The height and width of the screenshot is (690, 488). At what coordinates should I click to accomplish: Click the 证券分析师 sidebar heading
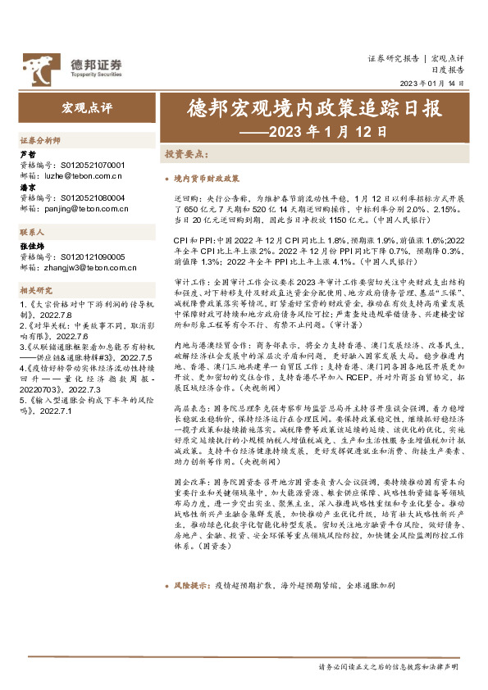pos(40,140)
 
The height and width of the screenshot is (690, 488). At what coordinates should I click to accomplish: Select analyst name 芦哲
pos(27,154)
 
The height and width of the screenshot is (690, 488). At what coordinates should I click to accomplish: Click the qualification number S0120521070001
pos(93,165)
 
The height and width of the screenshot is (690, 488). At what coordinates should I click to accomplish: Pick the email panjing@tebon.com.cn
pos(89,209)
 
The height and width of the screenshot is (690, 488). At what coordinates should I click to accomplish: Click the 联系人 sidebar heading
pos(32,233)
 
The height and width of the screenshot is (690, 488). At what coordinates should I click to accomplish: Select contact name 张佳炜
pos(32,246)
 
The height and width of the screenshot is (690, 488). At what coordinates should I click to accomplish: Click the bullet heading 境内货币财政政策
pos(208,177)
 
